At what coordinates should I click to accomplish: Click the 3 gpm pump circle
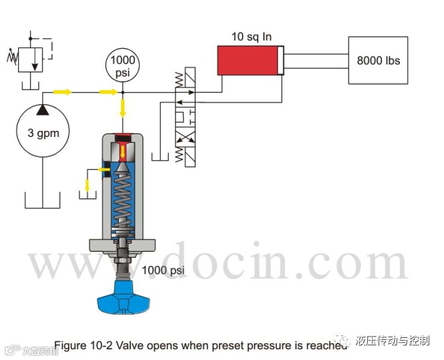(x=43, y=132)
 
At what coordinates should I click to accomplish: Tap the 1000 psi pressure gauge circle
(x=122, y=64)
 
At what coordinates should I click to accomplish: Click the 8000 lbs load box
(x=378, y=60)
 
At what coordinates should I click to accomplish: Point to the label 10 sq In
(x=252, y=36)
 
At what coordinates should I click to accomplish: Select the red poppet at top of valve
(x=124, y=139)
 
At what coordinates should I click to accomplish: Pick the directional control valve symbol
(x=188, y=114)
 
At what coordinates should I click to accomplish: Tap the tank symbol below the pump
(x=43, y=200)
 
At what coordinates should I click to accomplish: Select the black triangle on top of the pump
(x=43, y=108)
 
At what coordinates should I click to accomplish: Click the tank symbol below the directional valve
(x=161, y=158)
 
